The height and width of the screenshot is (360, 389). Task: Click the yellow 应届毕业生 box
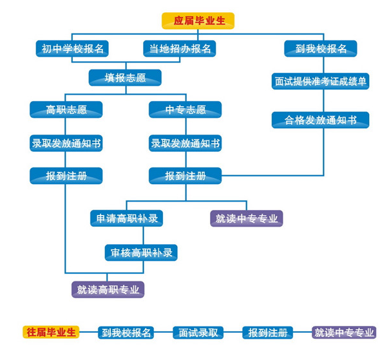click(x=197, y=21)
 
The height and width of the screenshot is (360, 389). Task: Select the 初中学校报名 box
click(x=71, y=48)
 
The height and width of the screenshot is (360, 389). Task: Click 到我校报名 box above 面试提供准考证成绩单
click(x=320, y=48)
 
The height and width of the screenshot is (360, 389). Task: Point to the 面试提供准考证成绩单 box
click(x=320, y=81)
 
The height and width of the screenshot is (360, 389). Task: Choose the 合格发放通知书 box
click(x=320, y=120)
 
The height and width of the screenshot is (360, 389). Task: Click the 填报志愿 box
click(x=125, y=78)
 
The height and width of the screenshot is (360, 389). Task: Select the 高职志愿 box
click(x=66, y=109)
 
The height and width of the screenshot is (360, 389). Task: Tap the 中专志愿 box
click(x=185, y=109)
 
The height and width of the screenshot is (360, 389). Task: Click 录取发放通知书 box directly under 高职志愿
click(x=66, y=142)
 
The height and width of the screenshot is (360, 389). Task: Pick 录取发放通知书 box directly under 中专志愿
click(x=185, y=142)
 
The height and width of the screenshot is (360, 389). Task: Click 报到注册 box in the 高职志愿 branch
click(x=66, y=175)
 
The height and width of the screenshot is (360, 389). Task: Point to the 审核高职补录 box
click(x=140, y=252)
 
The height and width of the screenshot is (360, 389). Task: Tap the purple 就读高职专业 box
click(x=108, y=289)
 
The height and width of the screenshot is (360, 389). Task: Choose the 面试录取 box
click(x=199, y=333)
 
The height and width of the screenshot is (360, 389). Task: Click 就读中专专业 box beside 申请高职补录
click(x=246, y=218)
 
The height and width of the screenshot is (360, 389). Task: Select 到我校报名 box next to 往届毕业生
click(x=125, y=333)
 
